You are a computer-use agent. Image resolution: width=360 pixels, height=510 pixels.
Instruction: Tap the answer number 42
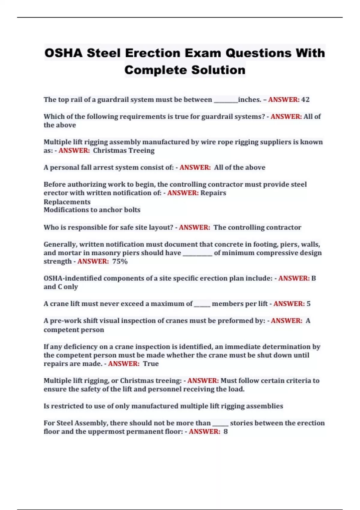[305, 100]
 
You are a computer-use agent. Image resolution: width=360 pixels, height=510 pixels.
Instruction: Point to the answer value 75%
[120, 262]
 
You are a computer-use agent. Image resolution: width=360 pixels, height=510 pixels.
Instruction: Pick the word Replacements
[67, 202]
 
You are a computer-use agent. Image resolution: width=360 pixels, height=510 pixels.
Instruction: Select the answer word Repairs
[213, 193]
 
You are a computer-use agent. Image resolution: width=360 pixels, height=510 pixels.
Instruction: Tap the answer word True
[151, 364]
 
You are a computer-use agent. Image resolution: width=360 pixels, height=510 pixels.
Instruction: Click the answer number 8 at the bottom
[226, 432]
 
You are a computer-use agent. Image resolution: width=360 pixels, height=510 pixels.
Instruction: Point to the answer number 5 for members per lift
[308, 304]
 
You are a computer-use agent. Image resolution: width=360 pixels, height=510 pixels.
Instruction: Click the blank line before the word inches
[226, 101]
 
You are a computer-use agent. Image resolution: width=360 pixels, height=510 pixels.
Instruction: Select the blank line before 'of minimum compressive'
[197, 255]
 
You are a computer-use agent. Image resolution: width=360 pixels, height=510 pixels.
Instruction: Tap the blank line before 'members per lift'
[202, 306]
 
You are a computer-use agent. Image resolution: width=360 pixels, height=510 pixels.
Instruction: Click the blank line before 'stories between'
[220, 425]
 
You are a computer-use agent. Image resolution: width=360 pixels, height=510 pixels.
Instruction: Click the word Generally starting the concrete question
[60, 244]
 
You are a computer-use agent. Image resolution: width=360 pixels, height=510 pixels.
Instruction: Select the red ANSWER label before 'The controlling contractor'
[194, 227]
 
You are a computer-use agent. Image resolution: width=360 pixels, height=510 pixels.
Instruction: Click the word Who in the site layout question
[49, 227]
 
